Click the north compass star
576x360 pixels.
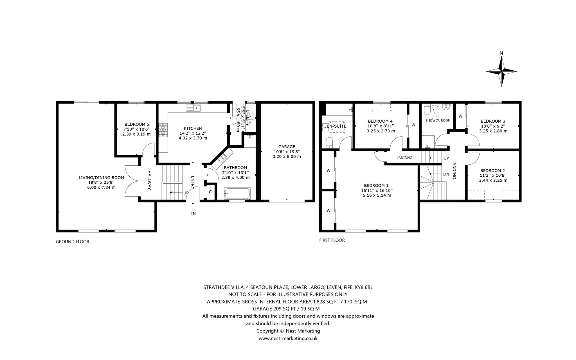coord(501,71)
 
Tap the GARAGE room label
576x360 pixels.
coord(287,147)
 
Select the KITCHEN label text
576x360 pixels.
coord(193,129)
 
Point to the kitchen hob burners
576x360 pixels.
coord(163,130)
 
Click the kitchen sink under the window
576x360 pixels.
coord(193,107)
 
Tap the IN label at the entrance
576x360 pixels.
coord(193,213)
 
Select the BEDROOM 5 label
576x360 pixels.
coord(137,124)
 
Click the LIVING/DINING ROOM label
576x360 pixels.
coord(101,177)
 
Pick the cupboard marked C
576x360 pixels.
coord(210,192)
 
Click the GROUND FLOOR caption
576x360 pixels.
coord(73,242)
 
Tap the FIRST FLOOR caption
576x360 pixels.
coord(332,240)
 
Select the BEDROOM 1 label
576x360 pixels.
coord(376,185)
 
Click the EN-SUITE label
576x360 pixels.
coord(336,126)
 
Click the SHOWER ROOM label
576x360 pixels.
coord(438,120)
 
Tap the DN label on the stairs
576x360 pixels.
coord(446,174)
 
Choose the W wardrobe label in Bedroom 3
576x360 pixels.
coord(461,116)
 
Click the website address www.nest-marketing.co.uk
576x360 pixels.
coord(288,339)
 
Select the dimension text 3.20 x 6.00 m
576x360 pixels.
coord(287,156)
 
